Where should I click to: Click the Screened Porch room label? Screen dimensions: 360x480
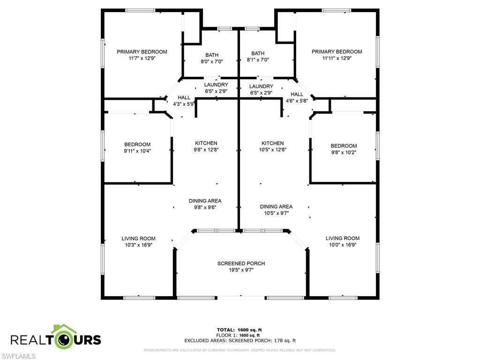(x=241, y=263)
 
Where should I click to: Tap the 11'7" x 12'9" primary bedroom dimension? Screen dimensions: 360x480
(x=142, y=59)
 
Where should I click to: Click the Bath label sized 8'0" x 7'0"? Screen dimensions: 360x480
(x=212, y=54)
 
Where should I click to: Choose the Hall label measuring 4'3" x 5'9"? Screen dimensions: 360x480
(x=177, y=97)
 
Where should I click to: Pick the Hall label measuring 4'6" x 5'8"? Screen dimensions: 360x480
(x=297, y=94)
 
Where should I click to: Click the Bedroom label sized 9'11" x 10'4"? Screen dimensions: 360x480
(x=137, y=144)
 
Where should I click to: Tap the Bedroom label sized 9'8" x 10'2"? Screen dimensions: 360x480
(x=344, y=146)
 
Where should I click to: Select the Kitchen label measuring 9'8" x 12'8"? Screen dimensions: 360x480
(x=206, y=143)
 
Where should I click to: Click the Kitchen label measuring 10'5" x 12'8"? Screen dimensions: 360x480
(x=272, y=143)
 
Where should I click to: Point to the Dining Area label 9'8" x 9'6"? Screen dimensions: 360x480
(x=205, y=201)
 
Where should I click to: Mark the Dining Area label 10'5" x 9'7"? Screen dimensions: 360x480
(x=276, y=206)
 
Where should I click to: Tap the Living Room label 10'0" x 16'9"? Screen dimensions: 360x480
(x=343, y=238)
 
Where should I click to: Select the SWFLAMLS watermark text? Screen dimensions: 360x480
(x=18, y=356)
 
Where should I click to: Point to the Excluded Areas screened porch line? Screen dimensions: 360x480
(x=240, y=341)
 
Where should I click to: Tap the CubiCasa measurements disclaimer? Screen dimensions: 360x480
(x=240, y=350)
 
